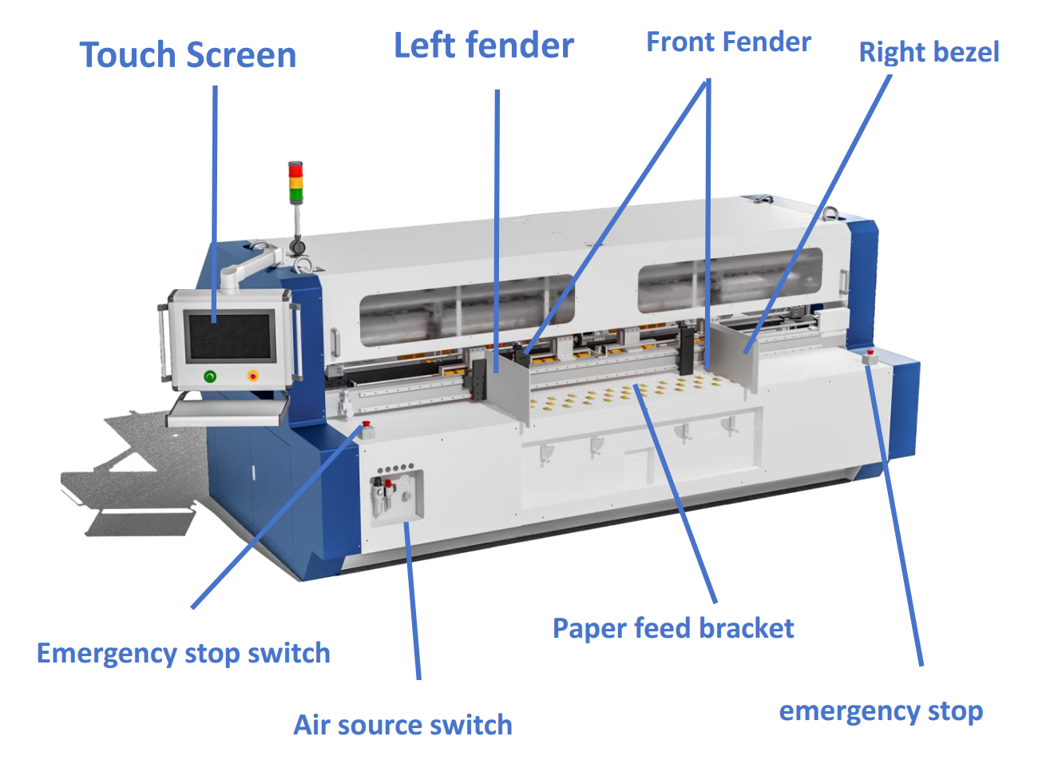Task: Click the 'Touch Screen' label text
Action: tap(188, 55)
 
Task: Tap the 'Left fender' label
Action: tap(484, 46)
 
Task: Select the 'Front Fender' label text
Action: tap(728, 42)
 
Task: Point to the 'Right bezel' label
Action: tap(929, 52)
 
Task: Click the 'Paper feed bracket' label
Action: tap(673, 628)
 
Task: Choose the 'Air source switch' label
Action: tap(403, 725)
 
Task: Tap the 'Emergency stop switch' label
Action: tap(184, 653)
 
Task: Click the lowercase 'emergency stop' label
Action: tap(881, 710)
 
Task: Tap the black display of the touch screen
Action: tap(229, 336)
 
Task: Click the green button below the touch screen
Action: tap(210, 376)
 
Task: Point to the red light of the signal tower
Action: tap(295, 169)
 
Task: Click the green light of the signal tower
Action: tap(295, 194)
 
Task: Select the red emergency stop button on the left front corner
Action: tap(367, 424)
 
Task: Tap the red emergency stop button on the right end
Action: tap(870, 352)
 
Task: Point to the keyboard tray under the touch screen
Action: tap(228, 411)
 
